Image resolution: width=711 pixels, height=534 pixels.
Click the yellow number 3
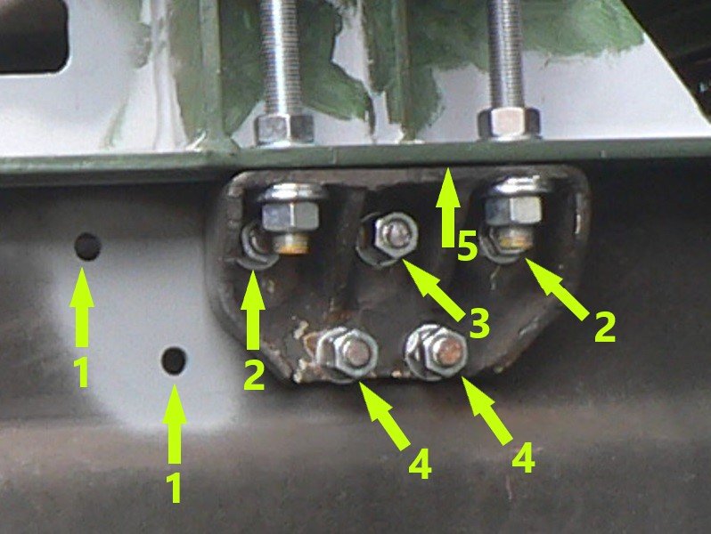(x=478, y=323)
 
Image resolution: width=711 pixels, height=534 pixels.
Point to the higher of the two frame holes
(x=87, y=247)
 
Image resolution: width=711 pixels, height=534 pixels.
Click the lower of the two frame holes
(x=174, y=360)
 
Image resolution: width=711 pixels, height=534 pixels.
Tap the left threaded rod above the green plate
(x=281, y=58)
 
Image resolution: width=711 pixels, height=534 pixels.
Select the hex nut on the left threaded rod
(x=285, y=129)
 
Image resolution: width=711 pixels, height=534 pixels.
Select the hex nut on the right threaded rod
(x=509, y=123)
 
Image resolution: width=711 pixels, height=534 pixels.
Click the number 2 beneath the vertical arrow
(x=253, y=374)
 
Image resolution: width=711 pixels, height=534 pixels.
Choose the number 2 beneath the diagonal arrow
(x=604, y=326)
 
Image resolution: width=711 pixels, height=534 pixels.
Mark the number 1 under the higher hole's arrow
(x=82, y=372)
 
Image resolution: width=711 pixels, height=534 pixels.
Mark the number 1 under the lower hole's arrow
(x=175, y=488)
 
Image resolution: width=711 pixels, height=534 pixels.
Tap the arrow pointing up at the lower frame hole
(x=174, y=424)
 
